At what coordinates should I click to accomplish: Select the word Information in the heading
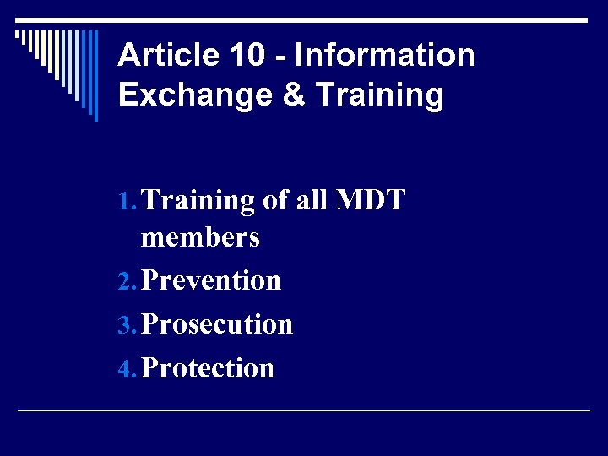[384, 56]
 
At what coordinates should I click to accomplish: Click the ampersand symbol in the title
[294, 95]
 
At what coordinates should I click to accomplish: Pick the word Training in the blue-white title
[378, 95]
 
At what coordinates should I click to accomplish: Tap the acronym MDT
[371, 201]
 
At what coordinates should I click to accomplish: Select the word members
[200, 238]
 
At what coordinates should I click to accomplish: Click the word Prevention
[211, 280]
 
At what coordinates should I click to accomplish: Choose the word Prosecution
[217, 323]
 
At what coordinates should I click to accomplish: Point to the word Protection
[208, 367]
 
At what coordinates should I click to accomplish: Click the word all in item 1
[312, 201]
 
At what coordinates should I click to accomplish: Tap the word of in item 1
[275, 201]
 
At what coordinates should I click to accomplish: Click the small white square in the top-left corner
[19, 36]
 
